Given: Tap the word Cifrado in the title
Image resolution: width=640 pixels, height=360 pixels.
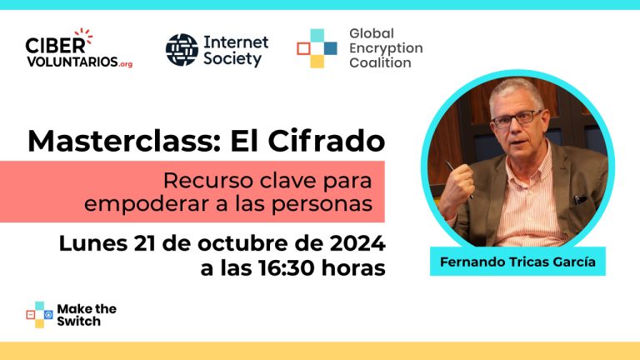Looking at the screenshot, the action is tap(326, 141).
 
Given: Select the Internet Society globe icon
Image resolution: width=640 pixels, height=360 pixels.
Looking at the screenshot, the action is tap(182, 50).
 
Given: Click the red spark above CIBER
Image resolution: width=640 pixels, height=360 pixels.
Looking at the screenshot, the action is tap(83, 35).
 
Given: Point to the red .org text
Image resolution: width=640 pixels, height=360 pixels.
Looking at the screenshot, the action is tap(126, 64).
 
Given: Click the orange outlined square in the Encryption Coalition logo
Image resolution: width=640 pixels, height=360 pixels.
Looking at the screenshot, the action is tap(303, 48).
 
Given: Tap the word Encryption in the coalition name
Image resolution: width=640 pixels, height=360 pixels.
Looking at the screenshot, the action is tap(386, 48).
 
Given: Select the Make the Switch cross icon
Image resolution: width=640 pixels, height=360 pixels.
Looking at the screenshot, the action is tap(40, 315).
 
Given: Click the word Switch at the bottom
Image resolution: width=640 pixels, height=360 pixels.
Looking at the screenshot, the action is tap(78, 321).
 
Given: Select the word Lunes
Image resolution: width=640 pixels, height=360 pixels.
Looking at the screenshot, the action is tap(93, 243).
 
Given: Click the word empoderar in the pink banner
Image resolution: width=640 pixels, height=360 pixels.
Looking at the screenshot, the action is tap(147, 203).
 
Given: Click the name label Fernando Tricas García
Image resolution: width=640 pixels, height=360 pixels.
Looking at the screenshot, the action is tap(517, 262).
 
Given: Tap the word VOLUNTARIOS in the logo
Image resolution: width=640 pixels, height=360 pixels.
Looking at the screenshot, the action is tap(72, 62).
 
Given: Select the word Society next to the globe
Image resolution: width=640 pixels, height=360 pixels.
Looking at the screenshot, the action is tap(232, 59).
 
